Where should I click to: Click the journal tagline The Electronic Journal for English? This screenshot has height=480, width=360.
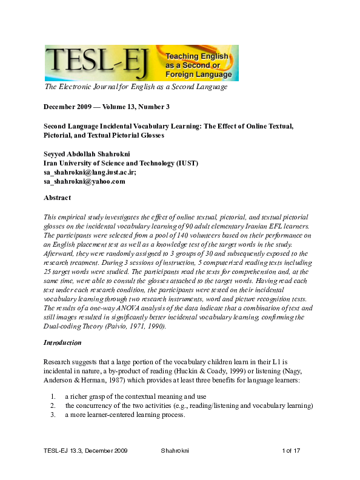point(136,87)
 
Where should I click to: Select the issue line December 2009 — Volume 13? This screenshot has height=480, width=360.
point(106,107)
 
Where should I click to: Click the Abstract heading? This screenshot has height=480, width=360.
point(58,198)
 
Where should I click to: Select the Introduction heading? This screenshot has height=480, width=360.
point(62,342)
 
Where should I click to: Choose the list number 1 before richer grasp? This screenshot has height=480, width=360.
point(53,396)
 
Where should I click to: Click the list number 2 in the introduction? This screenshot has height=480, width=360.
point(53,405)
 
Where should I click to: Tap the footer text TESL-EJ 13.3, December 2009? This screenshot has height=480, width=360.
point(85,468)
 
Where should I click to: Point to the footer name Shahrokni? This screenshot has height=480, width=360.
point(178,468)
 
